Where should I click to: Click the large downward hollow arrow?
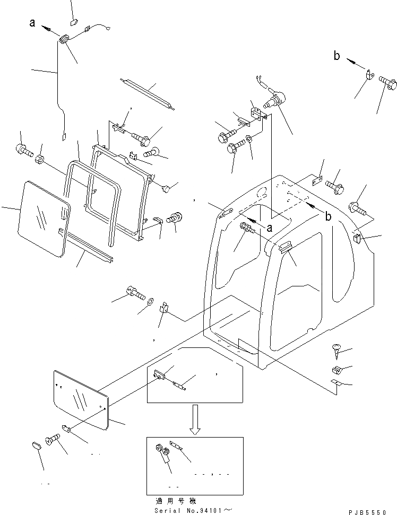coord(195,419)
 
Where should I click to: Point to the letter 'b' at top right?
coord(337,56)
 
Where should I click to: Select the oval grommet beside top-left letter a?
coord(64,39)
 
